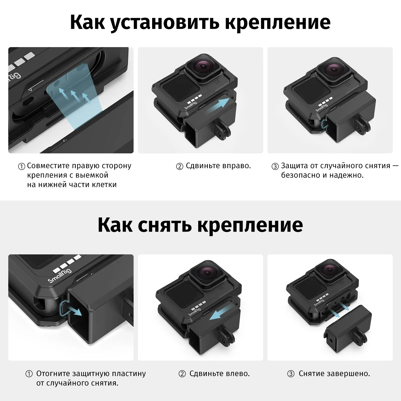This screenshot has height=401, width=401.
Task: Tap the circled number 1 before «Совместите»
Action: [x=22, y=166]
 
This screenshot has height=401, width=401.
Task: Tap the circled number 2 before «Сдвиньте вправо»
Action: [x=180, y=166]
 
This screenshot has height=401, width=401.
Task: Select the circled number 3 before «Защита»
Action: [x=275, y=166]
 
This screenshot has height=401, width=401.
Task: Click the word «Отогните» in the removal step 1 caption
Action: [x=53, y=374]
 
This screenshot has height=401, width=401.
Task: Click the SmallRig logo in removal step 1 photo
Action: [x=60, y=275]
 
